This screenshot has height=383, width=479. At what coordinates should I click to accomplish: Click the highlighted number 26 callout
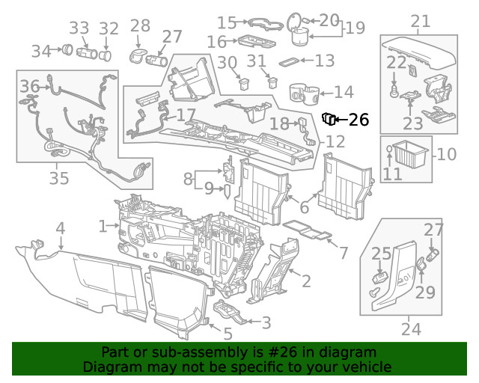click(359, 119)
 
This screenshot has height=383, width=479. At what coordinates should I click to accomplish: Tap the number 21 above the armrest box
click(421, 22)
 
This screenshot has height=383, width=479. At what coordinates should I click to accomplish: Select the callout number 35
click(59, 178)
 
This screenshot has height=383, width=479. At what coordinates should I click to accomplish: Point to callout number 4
click(60, 227)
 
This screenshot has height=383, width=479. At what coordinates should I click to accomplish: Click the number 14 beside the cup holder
click(344, 93)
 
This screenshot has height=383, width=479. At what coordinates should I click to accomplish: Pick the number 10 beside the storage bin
click(447, 155)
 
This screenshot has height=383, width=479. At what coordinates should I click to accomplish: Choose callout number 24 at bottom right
click(411, 328)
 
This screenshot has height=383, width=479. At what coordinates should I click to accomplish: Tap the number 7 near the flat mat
click(344, 253)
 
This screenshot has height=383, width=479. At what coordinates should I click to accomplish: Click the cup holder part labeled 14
click(305, 94)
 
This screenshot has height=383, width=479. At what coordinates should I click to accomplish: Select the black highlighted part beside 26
click(329, 119)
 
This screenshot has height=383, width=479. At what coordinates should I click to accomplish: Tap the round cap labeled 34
click(67, 50)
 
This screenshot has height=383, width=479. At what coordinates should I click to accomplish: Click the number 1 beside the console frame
click(103, 225)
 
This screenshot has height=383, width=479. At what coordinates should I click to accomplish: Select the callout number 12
click(335, 141)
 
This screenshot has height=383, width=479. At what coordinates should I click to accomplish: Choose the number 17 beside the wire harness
click(186, 114)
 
